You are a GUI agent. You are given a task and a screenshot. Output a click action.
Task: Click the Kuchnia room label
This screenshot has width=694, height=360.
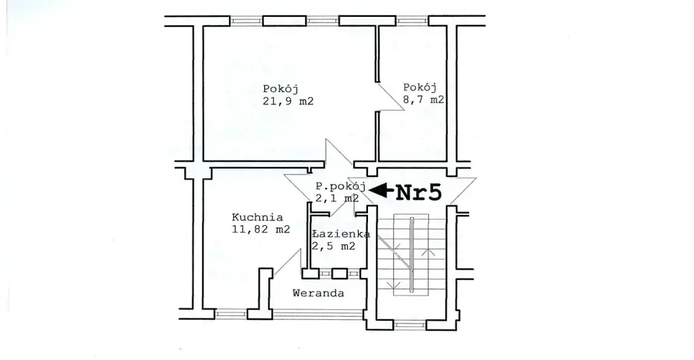(257, 218)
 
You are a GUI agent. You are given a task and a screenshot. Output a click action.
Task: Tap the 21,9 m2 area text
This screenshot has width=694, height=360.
(288, 101)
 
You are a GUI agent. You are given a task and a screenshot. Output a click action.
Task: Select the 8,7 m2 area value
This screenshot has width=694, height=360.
(423, 100)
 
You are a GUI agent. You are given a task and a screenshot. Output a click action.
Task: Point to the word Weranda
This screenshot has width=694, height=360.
(319, 293)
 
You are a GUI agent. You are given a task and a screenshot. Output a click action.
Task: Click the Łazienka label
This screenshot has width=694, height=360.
(341, 235)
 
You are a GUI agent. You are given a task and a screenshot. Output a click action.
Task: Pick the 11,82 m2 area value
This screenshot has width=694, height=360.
(261, 229)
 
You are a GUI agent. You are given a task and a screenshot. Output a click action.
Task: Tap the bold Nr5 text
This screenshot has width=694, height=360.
(418, 193)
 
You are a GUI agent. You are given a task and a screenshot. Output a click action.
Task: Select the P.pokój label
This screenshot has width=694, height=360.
(340, 186)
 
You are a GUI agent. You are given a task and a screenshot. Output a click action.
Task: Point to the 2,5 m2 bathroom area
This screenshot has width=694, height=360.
(333, 247)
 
